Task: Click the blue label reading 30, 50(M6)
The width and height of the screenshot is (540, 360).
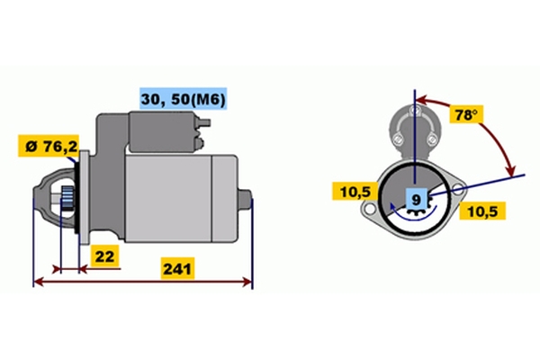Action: pyautogui.click(x=184, y=98)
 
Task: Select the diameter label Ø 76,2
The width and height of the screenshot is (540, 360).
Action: pyautogui.click(x=49, y=146)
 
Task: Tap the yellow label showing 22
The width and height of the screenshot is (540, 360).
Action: pyautogui.click(x=104, y=256)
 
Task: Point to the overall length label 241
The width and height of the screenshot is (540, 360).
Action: pyautogui.click(x=177, y=268)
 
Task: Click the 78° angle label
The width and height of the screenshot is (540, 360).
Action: pyautogui.click(x=466, y=114)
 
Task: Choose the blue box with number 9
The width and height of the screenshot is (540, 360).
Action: pyautogui.click(x=417, y=200)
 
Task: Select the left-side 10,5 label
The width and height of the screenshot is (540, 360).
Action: pyautogui.click(x=355, y=192)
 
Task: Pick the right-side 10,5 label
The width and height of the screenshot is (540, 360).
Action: pyautogui.click(x=482, y=211)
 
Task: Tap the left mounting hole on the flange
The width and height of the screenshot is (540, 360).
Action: pyautogui.click(x=369, y=209)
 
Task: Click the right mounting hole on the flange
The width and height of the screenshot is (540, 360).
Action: pyautogui.click(x=458, y=188)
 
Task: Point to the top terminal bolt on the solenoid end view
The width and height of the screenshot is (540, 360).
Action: pyautogui.click(x=415, y=111)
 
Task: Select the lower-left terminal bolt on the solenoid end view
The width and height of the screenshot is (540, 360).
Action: pyautogui.click(x=398, y=139)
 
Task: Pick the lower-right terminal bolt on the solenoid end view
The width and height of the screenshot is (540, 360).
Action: pyautogui.click(x=431, y=139)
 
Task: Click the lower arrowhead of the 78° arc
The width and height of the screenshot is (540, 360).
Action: pyautogui.click(x=510, y=171)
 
